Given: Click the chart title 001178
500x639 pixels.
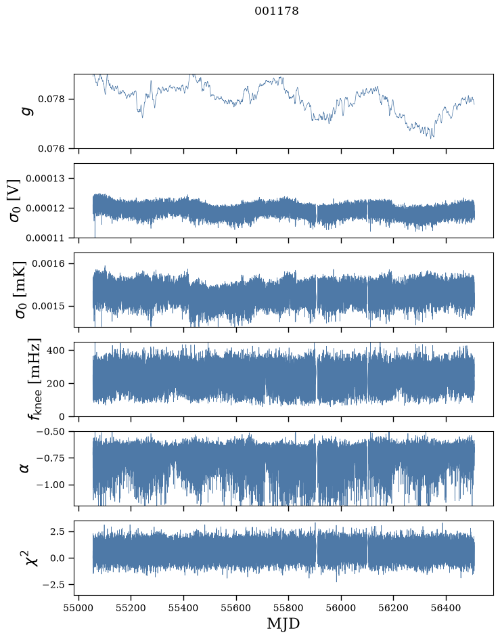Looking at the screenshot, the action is coord(277,11).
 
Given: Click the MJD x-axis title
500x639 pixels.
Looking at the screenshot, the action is coord(283,623).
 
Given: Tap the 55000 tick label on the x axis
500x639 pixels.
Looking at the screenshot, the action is coord(78,609).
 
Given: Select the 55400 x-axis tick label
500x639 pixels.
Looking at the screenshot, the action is coord(184,609).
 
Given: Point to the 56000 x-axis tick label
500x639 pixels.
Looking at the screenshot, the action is coord(341,609).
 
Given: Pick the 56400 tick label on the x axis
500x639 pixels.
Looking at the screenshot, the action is coord(446,609).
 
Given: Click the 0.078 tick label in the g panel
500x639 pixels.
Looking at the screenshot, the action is coord(51,99).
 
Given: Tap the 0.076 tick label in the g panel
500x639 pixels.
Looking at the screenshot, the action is coord(51,149).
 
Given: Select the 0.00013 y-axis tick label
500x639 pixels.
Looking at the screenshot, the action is coord(45,179).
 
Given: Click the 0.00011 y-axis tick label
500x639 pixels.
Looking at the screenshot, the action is coord(45,238).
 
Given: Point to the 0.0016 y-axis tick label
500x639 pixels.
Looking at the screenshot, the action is coord(48,264).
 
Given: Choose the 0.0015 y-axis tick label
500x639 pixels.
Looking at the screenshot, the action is coord(48,306).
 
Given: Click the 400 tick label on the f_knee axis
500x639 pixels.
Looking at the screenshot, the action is coord(56,350).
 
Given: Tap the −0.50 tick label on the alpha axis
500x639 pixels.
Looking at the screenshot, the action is coord(51,432).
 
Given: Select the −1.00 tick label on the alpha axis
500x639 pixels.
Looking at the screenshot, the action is coord(51,485).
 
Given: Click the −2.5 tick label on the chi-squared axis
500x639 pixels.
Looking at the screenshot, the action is coord(53,585).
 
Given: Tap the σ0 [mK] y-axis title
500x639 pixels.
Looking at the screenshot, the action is coord(20,290).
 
